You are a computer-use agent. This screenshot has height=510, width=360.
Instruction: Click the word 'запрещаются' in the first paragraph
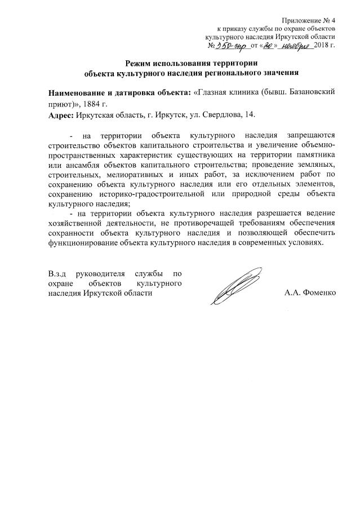pos(311,136)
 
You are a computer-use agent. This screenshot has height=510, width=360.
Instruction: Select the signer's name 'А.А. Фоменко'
pos(310,293)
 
